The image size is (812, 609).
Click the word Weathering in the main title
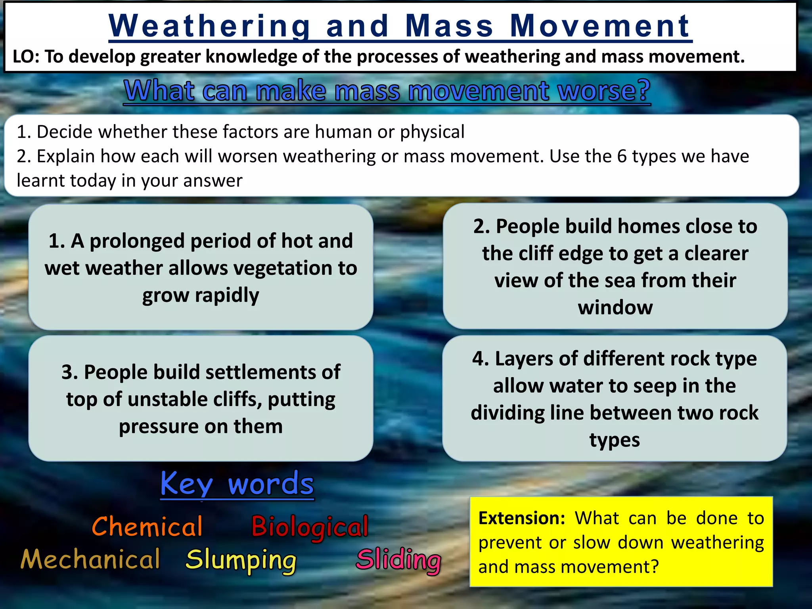209,26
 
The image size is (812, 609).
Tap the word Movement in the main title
600,26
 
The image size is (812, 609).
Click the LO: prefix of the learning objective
26,57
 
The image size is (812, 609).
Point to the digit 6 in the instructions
622,156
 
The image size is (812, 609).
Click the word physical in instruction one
432,132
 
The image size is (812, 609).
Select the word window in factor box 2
615,307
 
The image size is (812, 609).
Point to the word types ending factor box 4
614,440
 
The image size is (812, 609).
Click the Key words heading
237,484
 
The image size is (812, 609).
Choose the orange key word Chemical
147,527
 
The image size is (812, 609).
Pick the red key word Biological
310,527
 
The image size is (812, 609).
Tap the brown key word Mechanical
90,559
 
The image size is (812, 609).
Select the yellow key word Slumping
241,560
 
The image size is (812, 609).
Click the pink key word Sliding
398,560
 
